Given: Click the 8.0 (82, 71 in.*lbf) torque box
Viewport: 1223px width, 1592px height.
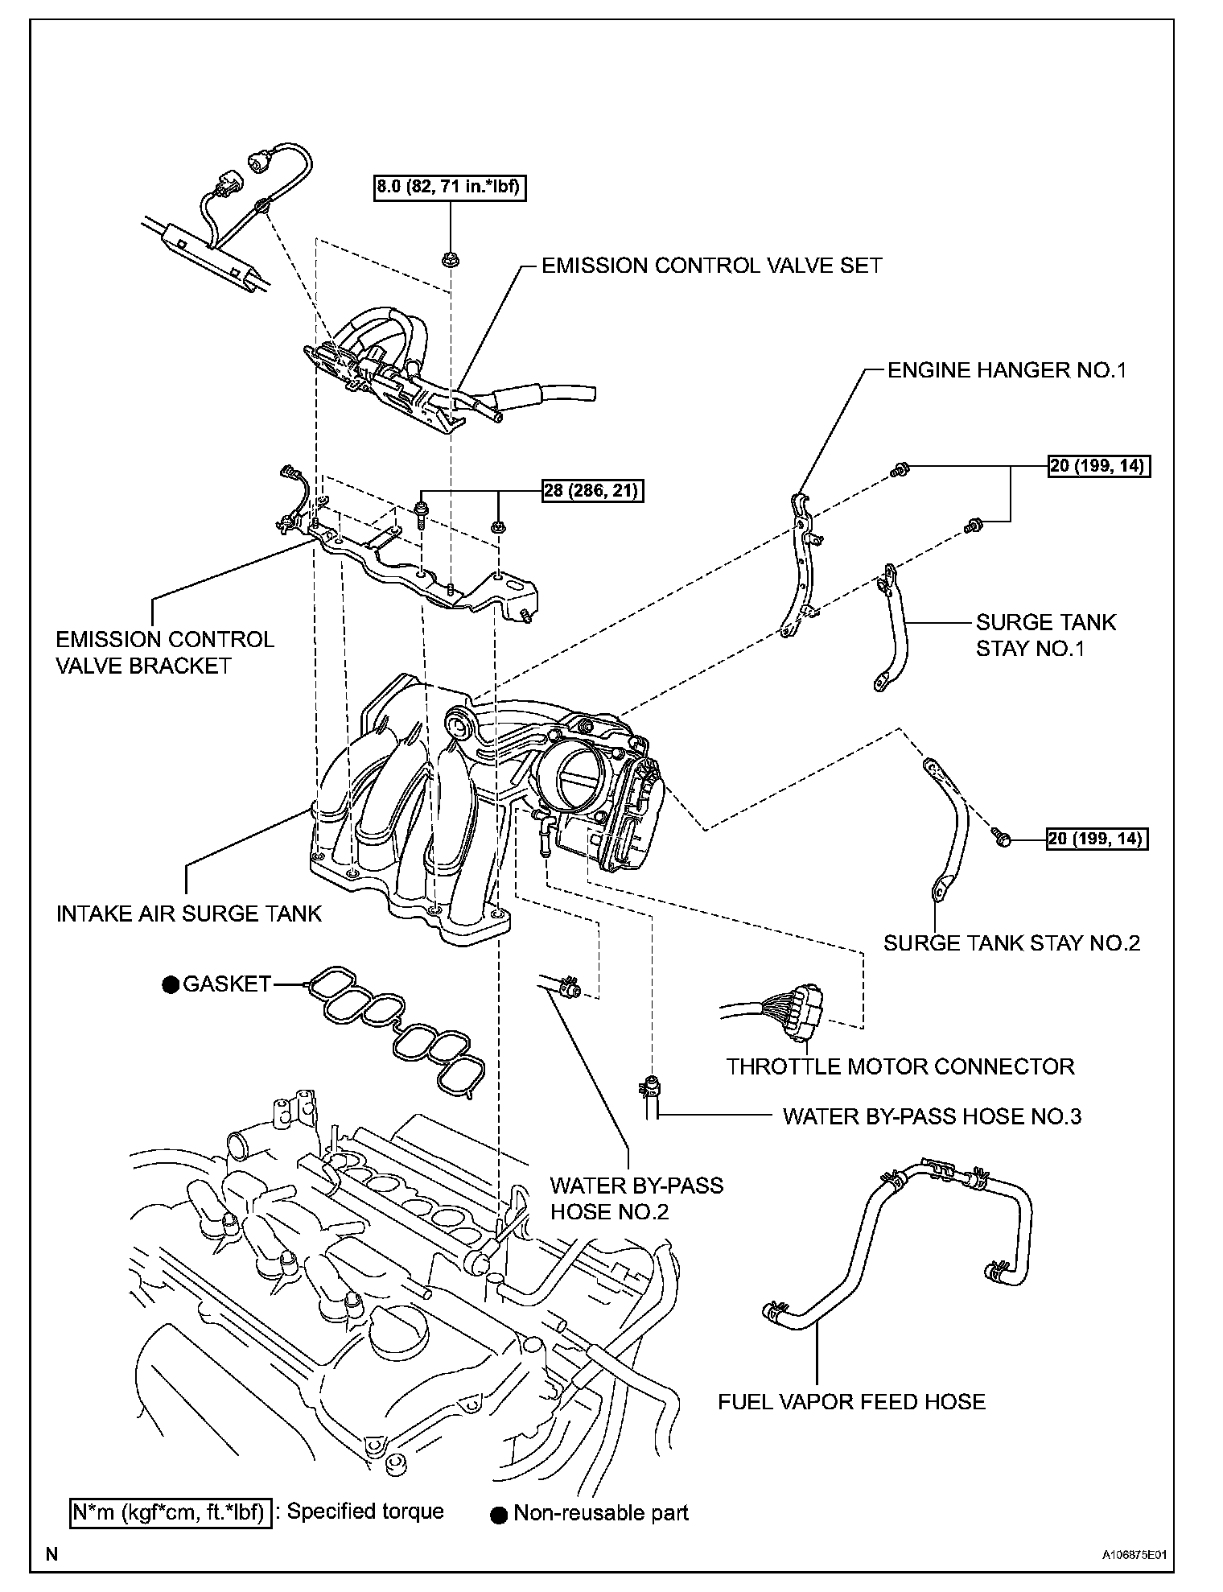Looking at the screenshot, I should [x=450, y=188].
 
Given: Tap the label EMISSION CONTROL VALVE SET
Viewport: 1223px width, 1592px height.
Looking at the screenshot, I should [x=711, y=266].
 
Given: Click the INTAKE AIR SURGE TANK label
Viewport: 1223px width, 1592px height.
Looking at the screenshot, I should [x=189, y=914].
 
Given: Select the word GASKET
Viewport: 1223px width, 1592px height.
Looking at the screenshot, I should [x=227, y=984].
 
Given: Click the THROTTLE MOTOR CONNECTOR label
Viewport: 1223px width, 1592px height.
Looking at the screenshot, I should [x=900, y=1066].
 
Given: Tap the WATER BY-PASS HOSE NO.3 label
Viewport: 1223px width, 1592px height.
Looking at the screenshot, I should [x=932, y=1116].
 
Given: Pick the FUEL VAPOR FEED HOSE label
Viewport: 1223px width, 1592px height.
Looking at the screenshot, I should [x=851, y=1401].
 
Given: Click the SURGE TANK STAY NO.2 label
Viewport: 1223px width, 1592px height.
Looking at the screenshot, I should [x=1011, y=942].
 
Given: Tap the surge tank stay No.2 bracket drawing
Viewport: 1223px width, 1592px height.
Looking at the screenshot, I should [x=949, y=829].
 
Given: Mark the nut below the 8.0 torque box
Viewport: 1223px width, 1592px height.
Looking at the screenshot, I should [x=449, y=258].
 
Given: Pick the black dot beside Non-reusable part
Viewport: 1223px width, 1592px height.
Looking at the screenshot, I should [x=499, y=1514].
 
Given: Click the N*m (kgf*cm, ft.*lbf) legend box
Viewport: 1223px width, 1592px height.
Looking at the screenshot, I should [x=169, y=1512].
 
